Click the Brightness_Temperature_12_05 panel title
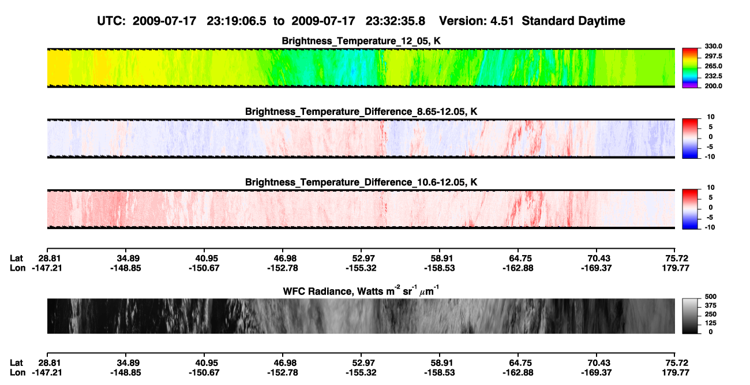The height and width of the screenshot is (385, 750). pos(361,41)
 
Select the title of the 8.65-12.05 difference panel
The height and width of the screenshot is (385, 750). pos(361,111)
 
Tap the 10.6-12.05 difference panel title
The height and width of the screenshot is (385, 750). pos(361,182)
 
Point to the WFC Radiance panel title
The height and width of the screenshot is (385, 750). pos(361,290)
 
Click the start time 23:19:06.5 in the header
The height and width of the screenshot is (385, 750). pos(237,21)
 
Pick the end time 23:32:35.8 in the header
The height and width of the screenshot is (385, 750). pos(395,21)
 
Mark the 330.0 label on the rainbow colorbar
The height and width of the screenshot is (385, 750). pos(714,46)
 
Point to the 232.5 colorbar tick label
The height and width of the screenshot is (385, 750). pos(714,76)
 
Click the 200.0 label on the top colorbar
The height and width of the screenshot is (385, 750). pos(714,86)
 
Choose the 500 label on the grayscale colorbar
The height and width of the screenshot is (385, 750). pos(711,297)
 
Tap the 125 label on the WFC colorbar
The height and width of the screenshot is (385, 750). pos(711,323)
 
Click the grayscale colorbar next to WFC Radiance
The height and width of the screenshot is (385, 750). pos(690,316)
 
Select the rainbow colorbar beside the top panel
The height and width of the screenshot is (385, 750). pos(690,68)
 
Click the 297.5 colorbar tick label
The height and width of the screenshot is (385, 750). pos(714,57)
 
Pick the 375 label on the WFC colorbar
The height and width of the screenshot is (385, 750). pos(711,305)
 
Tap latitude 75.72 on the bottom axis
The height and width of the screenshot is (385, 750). pos(676,363)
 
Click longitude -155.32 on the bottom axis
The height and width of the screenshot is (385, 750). pos(361,373)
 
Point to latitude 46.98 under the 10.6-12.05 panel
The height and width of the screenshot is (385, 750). pos(283,259)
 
